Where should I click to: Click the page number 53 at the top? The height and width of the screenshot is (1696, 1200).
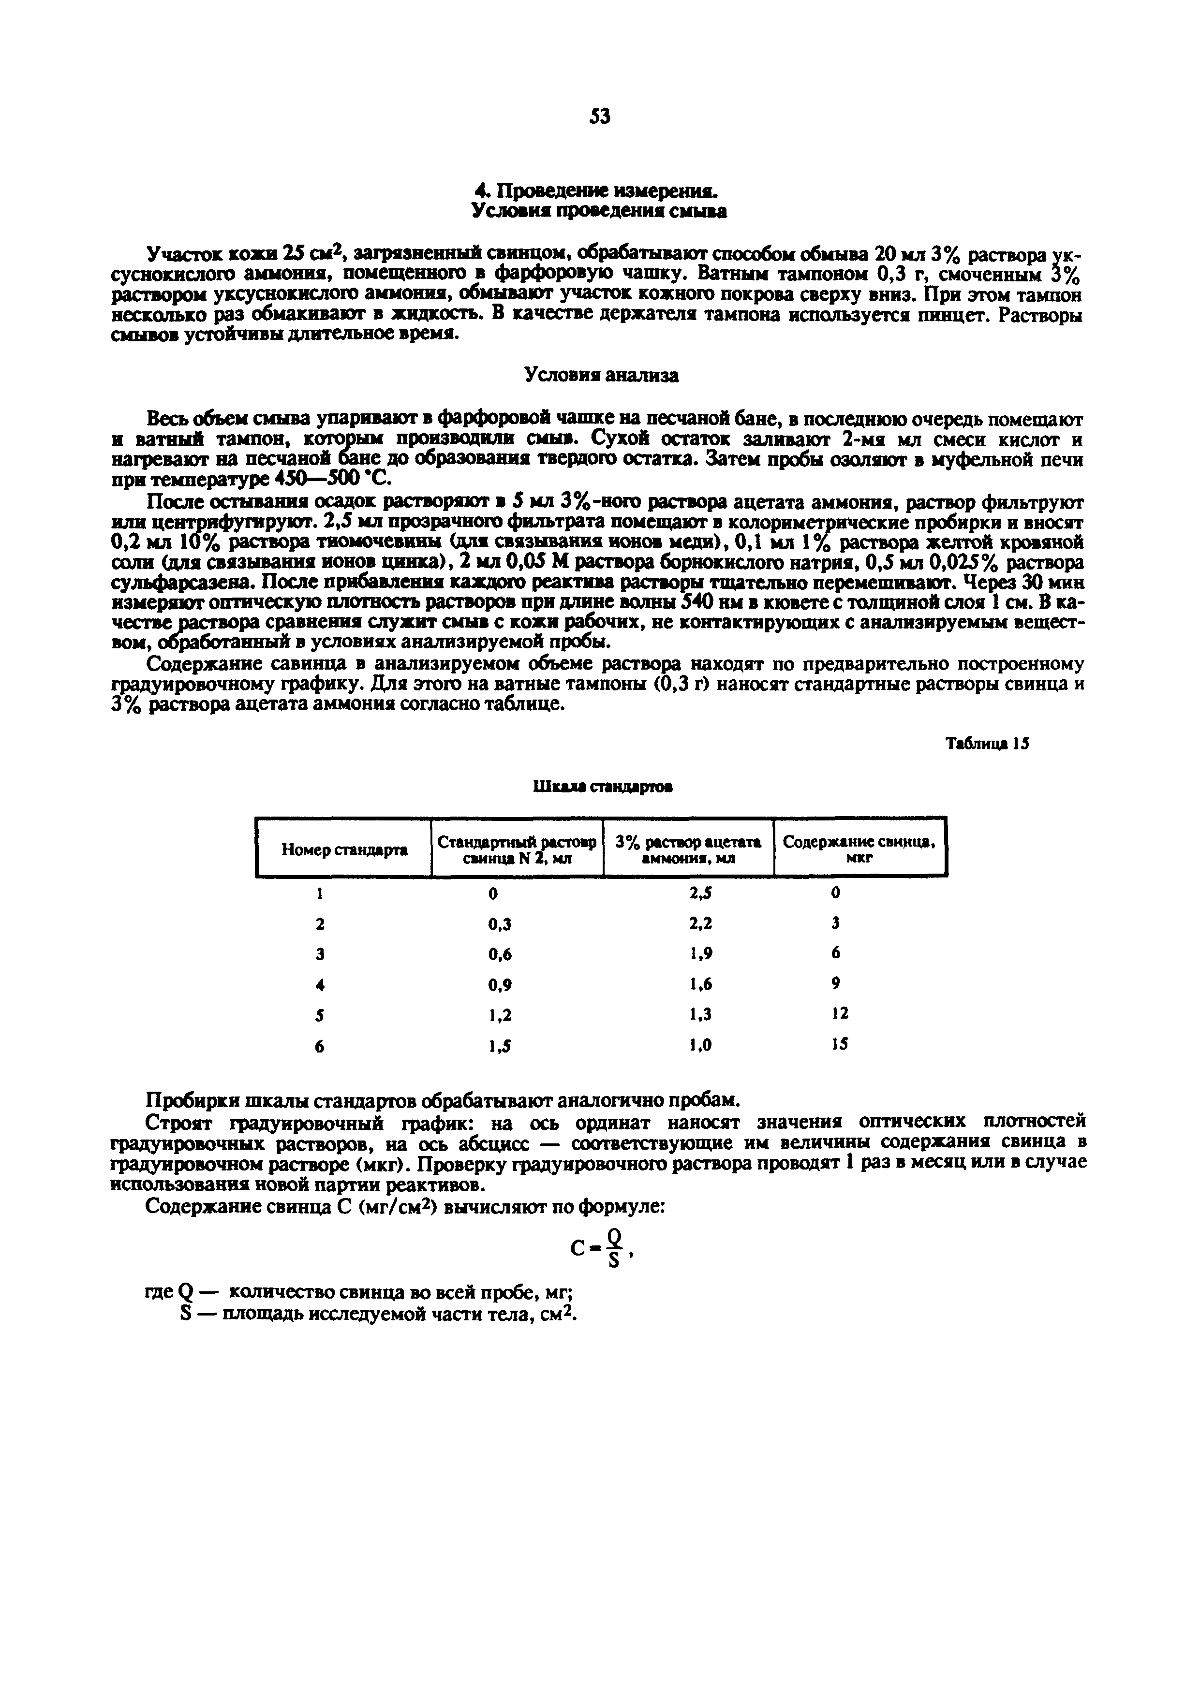click(x=600, y=117)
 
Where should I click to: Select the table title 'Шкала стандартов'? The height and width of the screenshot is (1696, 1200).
click(x=602, y=788)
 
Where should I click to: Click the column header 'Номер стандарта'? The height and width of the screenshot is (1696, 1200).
click(x=344, y=850)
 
